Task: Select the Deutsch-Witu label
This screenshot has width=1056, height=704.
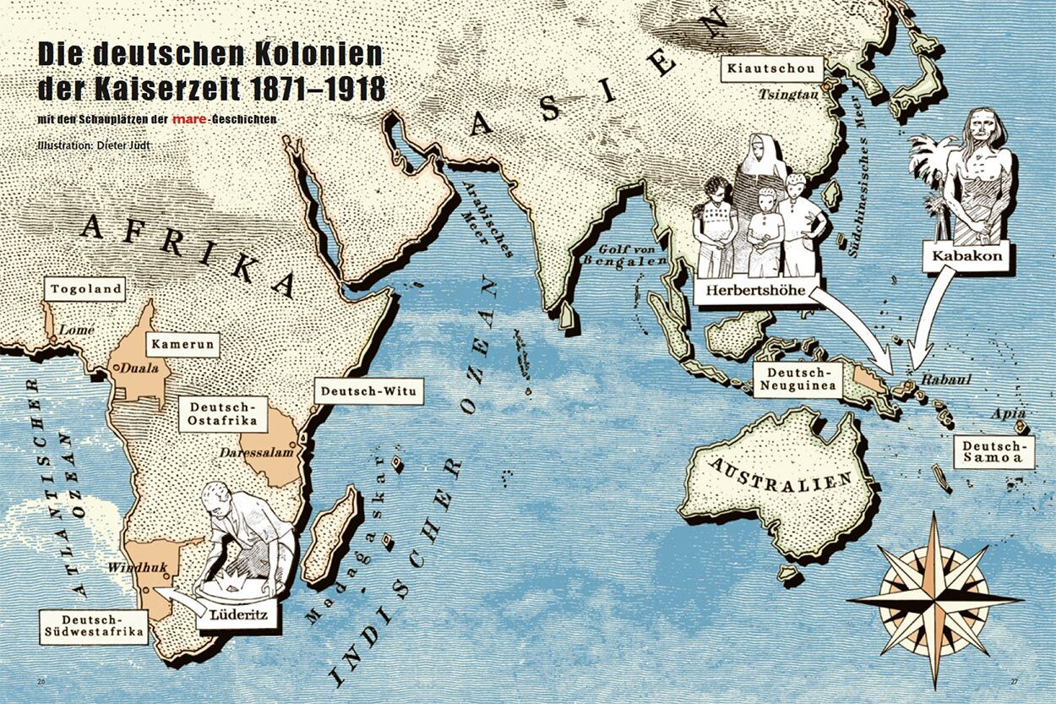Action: click(x=368, y=391)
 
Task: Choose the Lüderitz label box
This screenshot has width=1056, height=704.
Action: click(x=237, y=615)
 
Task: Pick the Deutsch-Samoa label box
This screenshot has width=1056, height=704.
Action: click(x=994, y=452)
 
